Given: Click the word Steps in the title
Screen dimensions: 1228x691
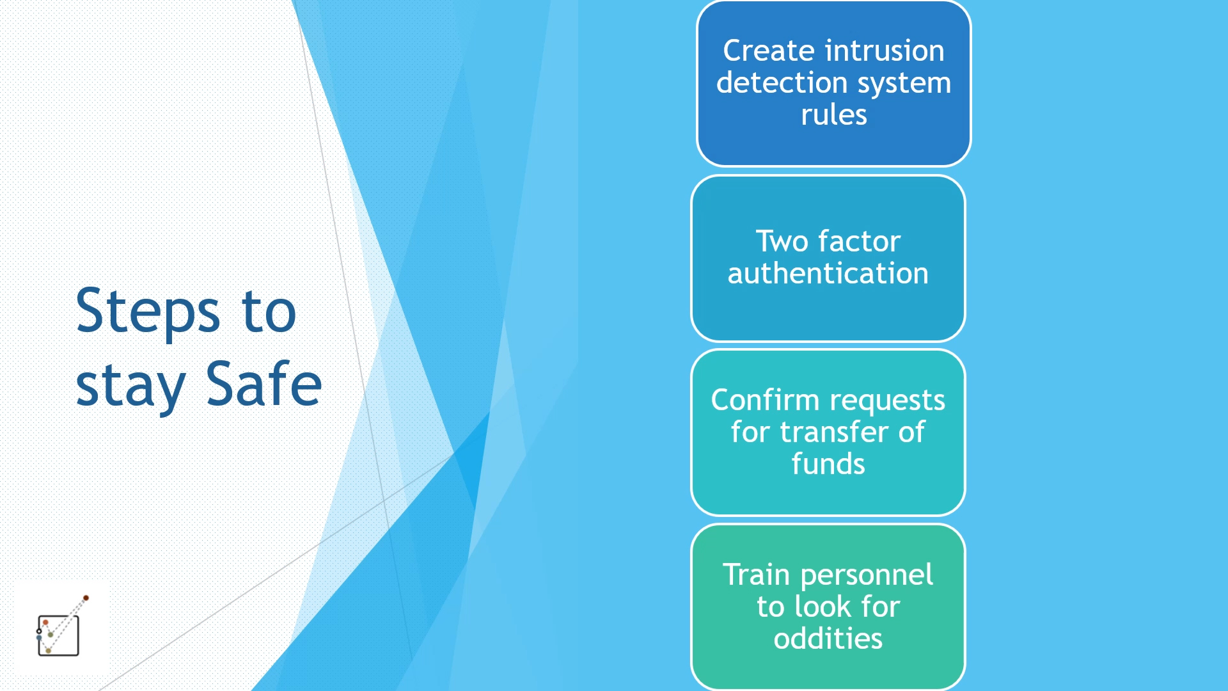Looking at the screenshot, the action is point(148,312).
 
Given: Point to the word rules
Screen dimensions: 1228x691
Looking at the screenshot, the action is point(834,115).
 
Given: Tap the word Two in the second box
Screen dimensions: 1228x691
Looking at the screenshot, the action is point(782,242).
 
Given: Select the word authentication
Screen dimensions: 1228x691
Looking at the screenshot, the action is point(828,273).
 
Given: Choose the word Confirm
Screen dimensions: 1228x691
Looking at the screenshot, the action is point(765,400).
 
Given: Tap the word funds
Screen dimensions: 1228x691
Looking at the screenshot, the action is point(828,463).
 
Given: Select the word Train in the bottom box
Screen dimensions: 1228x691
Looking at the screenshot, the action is point(756,575).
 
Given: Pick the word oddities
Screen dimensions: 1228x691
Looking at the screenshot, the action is point(828,638).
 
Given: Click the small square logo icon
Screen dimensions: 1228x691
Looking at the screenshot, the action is point(61,628).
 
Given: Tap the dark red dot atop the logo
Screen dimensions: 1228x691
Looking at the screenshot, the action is point(86,598).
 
